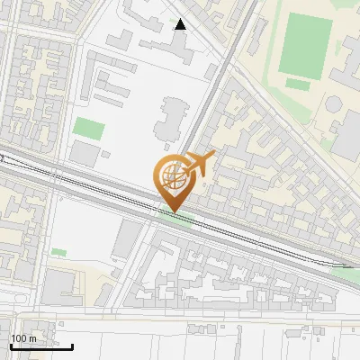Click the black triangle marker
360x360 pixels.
(181, 24)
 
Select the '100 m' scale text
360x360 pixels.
(23, 337)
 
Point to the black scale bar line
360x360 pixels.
(41, 346)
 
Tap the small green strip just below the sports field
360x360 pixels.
(297, 84)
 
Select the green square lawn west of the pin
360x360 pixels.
(88, 128)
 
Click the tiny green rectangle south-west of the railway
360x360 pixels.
(58, 252)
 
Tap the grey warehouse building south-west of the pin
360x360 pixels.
(129, 237)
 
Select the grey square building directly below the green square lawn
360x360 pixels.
(85, 154)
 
